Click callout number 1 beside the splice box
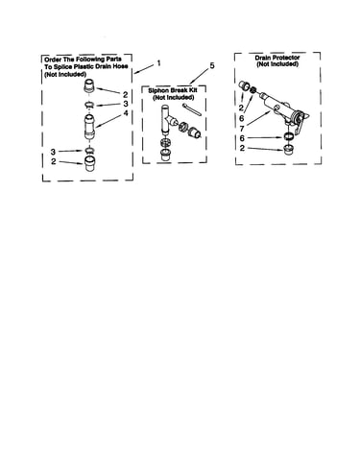coord(158,63)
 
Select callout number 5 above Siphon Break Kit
coord(211,66)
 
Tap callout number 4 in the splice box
coord(126,113)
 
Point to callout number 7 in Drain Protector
coord(242,129)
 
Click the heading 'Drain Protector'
coord(277,58)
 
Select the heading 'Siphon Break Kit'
coord(172,90)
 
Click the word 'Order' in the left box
coord(53,60)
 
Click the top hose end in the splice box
coord(89,86)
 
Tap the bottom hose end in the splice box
coord(91,164)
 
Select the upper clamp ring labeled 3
coord(89,105)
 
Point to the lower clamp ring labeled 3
coord(90,150)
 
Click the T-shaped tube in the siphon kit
coord(168,118)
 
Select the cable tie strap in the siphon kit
coord(192,109)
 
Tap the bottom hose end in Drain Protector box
coord(289,149)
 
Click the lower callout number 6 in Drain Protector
coord(242,138)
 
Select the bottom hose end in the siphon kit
coord(166,155)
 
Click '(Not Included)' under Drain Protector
coord(277,64)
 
